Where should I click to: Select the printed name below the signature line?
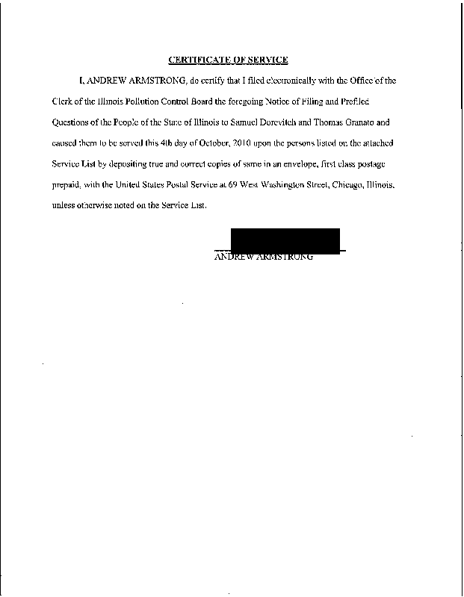263,257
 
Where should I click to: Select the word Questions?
73,119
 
